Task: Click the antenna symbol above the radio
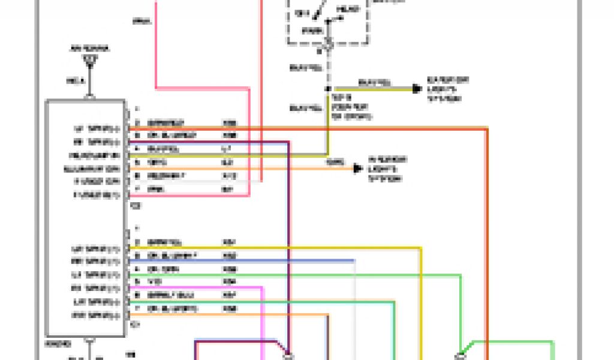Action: pyautogui.click(x=90, y=60)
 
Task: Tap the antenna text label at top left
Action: pyautogui.click(x=90, y=49)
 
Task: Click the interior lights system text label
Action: pyautogui.click(x=387, y=169)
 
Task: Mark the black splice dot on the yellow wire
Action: pyautogui.click(x=327, y=89)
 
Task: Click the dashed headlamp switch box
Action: pyautogui.click(x=327, y=21)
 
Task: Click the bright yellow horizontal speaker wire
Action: pyautogui.click(x=270, y=248)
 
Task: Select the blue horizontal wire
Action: pyautogui.click(x=240, y=261)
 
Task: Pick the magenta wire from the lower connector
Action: pyautogui.click(x=198, y=287)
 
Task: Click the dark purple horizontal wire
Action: pyautogui.click(x=210, y=142)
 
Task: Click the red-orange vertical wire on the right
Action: pyautogui.click(x=487, y=240)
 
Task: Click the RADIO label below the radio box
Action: pyautogui.click(x=58, y=344)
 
